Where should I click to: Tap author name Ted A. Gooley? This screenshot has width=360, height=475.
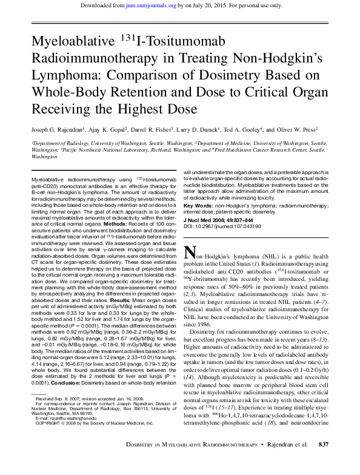point(242,130)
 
